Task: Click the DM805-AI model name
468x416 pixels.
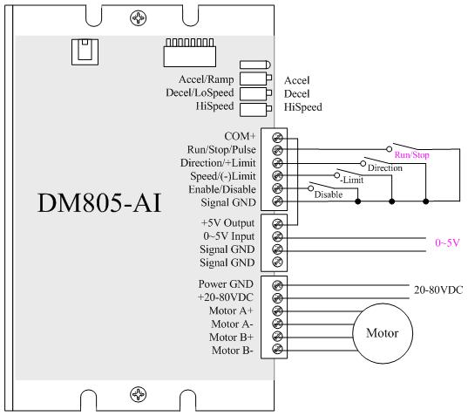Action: point(99,203)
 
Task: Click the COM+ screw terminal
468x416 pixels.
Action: point(277,138)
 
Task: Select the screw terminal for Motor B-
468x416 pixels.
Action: point(277,349)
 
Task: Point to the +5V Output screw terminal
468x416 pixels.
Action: point(277,223)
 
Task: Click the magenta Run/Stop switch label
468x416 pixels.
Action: point(411,154)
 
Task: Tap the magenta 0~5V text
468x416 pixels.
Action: point(447,242)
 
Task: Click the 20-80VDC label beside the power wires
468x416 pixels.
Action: point(438,290)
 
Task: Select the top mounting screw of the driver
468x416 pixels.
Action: point(139,18)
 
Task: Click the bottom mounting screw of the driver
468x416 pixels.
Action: point(139,394)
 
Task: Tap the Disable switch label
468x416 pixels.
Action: point(329,194)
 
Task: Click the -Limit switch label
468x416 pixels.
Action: point(352,180)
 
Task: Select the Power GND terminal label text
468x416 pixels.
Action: point(226,284)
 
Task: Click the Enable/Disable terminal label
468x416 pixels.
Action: point(222,189)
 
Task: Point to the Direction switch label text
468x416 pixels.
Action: point(385,167)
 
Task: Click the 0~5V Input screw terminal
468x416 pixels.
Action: point(277,236)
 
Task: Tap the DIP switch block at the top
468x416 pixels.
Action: point(190,52)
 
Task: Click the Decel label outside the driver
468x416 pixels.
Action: point(296,94)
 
